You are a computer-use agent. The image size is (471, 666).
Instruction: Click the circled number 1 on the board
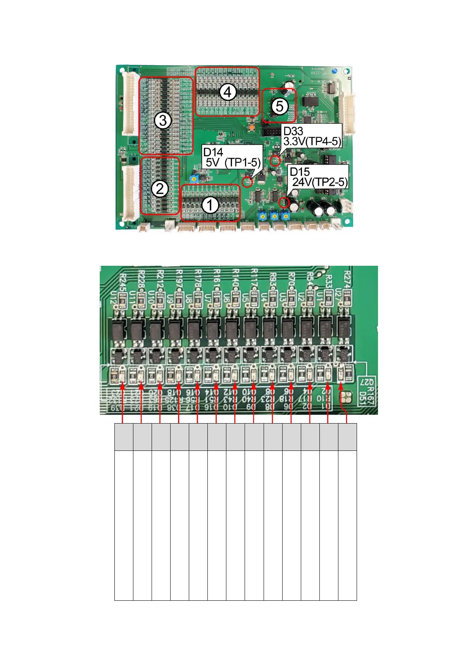[210, 205]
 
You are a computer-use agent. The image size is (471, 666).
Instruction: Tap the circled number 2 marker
[160, 189]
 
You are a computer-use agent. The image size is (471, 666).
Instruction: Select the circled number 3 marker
[163, 120]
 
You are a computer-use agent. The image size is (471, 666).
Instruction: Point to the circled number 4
[227, 92]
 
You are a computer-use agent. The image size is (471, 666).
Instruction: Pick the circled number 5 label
[279, 106]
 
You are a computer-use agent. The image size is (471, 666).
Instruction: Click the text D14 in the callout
[213, 152]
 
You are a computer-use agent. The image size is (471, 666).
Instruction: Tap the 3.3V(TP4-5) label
[312, 141]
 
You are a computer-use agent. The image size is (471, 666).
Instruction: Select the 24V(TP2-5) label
[320, 182]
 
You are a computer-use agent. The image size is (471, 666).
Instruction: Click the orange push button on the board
[251, 128]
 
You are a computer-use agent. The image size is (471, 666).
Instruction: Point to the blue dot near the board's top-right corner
[334, 72]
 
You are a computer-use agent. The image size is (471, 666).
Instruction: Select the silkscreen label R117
[254, 278]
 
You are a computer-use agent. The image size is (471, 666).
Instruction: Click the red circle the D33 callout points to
[275, 161]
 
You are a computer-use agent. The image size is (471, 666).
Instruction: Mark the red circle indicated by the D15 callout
[283, 203]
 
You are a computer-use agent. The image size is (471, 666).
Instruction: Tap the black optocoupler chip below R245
[118, 331]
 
